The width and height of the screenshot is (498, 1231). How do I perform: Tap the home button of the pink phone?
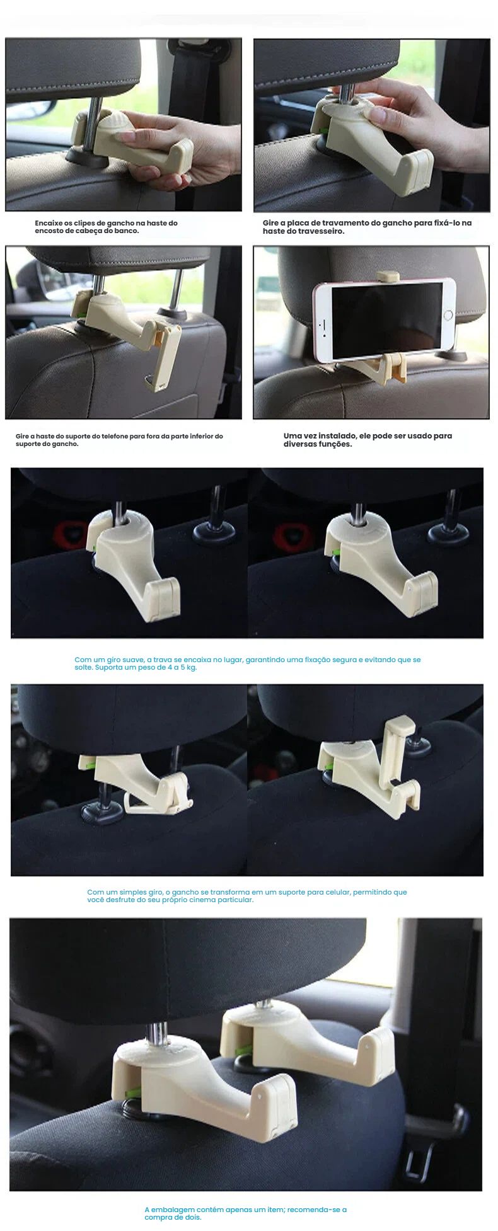[449, 314]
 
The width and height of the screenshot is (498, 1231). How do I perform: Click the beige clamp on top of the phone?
[388, 277]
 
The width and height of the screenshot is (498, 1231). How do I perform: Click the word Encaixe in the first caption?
[48, 223]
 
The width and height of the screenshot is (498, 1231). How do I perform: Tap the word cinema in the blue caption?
[195, 900]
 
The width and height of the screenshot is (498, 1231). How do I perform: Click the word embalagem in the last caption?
[173, 1210]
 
